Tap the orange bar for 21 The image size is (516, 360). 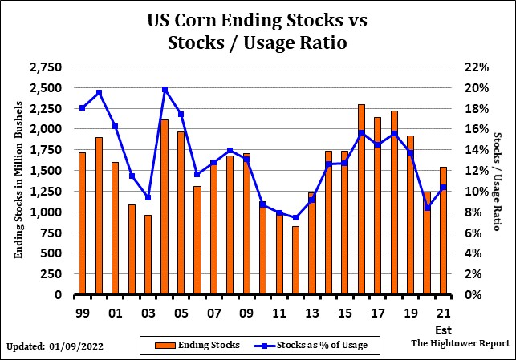444,231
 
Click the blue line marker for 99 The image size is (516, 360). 82,107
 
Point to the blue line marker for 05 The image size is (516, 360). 181,115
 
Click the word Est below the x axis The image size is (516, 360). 443,329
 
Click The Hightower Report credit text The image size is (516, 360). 460,342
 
